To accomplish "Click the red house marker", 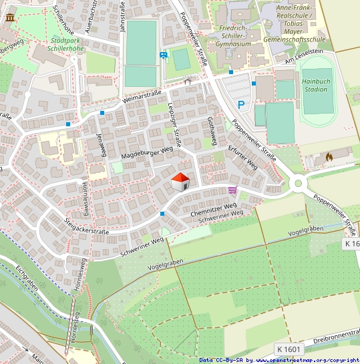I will (x=180, y=181).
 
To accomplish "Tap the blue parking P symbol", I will (x=242, y=104).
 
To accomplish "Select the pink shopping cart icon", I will (x=232, y=191).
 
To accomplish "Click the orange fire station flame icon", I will (x=329, y=156).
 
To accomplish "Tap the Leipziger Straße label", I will (x=176, y=124).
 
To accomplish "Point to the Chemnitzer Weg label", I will (x=214, y=210).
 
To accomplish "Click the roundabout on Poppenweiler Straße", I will (x=299, y=183).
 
